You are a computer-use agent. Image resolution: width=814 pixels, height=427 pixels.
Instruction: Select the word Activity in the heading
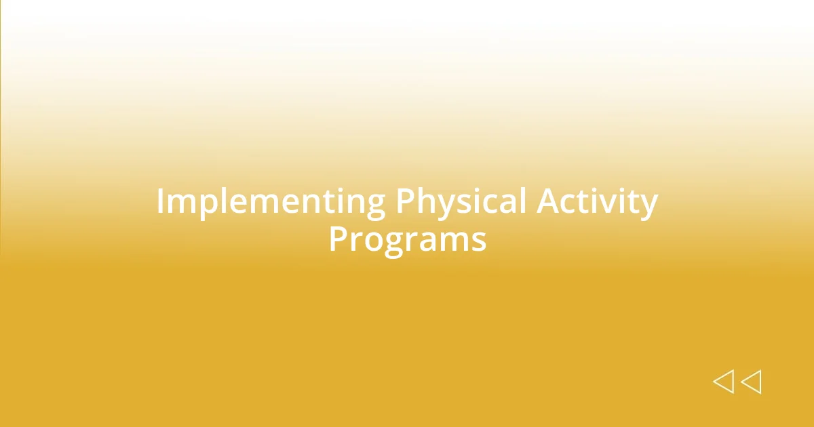(x=598, y=203)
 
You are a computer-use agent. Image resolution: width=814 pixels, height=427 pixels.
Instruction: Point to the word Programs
(x=407, y=239)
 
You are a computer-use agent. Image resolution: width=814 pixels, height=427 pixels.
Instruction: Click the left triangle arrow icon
(x=723, y=382)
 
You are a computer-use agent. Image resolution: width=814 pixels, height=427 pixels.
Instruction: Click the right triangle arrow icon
(x=751, y=382)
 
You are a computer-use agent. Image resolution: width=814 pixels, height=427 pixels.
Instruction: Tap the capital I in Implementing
(x=161, y=202)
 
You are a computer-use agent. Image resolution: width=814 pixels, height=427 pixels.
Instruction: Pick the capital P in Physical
(x=404, y=202)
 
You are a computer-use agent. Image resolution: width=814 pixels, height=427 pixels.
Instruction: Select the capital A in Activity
(x=548, y=202)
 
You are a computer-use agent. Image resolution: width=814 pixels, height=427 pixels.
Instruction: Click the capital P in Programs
(x=337, y=239)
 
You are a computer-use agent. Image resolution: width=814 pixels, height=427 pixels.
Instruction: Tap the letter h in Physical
(x=426, y=202)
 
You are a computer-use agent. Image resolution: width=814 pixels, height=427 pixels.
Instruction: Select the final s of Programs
(x=480, y=241)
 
